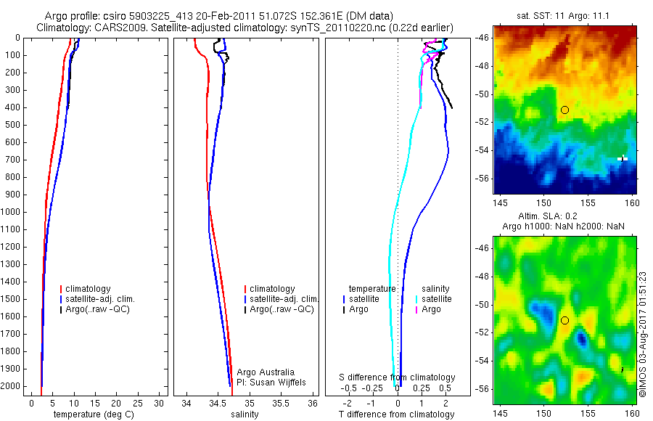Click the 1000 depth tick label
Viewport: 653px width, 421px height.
pyautogui.click(x=12, y=212)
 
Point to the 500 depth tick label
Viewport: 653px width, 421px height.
pyautogui.click(x=15, y=125)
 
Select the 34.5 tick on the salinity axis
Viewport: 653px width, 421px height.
pyautogui.click(x=218, y=402)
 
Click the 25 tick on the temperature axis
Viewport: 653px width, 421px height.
pyautogui.click(x=139, y=402)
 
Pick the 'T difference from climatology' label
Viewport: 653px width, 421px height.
pyautogui.click(x=396, y=414)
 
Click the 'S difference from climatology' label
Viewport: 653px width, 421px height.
pyautogui.click(x=398, y=377)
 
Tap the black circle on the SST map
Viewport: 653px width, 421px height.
pyautogui.click(x=564, y=110)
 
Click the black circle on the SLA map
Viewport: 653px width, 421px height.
pyautogui.click(x=564, y=320)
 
